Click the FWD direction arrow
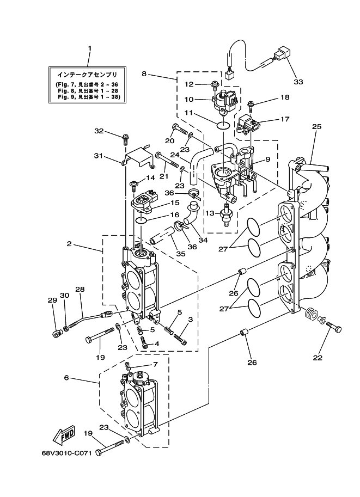[x=64, y=434]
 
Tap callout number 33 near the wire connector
[x=297, y=82]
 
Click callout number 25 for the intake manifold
[x=316, y=126]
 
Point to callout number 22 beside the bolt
[x=318, y=358]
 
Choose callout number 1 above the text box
[x=89, y=48]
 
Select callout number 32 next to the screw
[x=99, y=131]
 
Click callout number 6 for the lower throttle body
[x=66, y=377]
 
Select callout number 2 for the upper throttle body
[x=69, y=244]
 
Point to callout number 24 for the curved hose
[x=175, y=155]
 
